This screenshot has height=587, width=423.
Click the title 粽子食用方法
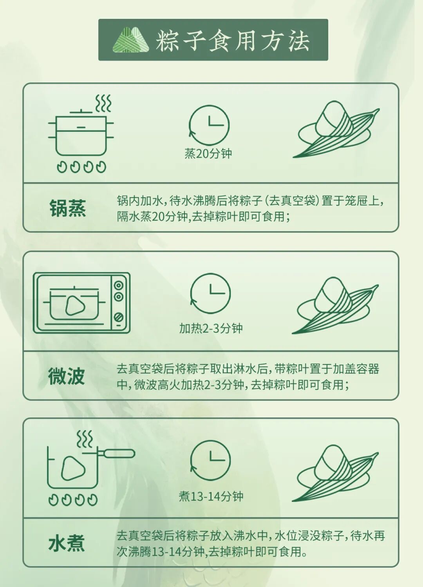[233, 40]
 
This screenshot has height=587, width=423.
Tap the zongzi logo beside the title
[131, 40]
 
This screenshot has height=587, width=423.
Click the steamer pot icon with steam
[81, 134]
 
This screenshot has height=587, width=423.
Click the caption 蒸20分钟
[208, 153]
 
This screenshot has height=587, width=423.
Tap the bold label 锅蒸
[67, 208]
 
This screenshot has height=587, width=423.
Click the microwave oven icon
[81, 303]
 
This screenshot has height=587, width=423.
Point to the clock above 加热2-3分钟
[210, 293]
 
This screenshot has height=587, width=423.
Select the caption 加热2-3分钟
[211, 328]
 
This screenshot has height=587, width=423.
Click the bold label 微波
[67, 376]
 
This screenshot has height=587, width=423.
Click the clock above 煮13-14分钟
[210, 460]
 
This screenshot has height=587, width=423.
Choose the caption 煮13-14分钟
[211, 496]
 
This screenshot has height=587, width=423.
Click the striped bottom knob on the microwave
[119, 317]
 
